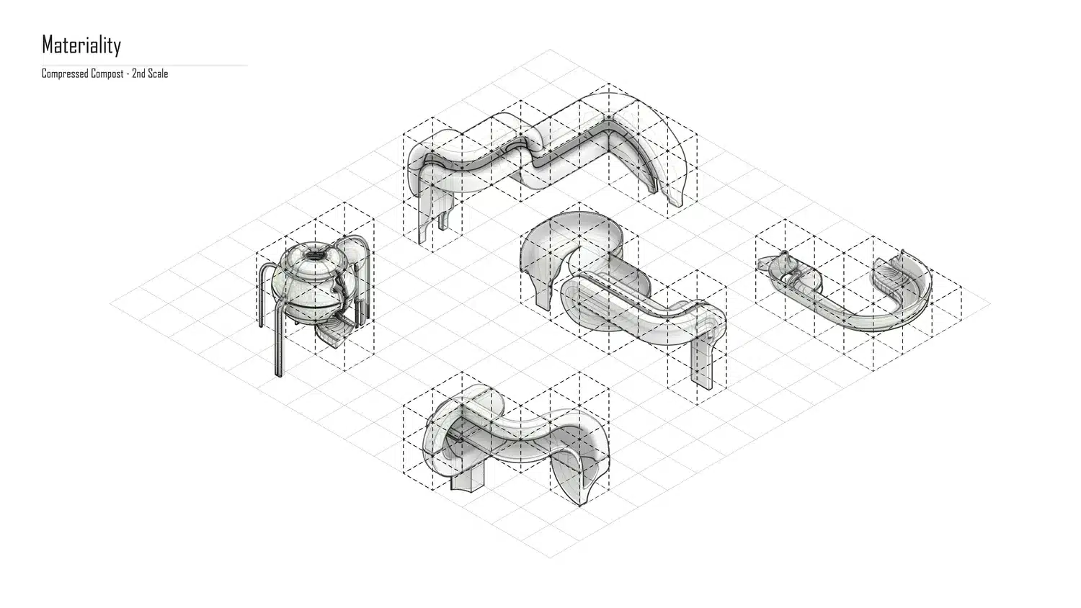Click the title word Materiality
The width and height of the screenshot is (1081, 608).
[x=81, y=45]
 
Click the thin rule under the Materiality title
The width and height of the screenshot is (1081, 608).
[x=145, y=66]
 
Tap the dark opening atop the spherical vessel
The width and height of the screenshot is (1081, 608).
[x=315, y=254]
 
